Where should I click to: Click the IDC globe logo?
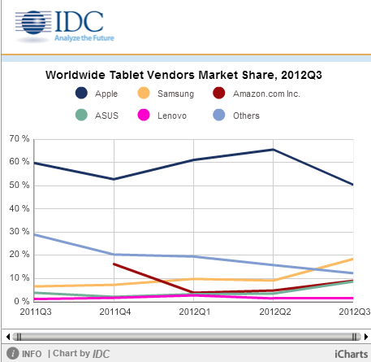33,23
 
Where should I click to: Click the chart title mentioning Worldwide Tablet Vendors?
183,75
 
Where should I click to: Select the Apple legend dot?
81,93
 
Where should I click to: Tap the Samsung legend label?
176,94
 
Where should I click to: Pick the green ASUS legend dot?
81,115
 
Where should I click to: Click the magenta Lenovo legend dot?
144,115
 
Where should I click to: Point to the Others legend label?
246,116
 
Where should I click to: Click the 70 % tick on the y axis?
19,138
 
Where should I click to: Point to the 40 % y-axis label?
19,208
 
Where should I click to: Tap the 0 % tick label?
21,301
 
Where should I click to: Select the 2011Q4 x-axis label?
115,312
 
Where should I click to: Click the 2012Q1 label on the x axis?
194,312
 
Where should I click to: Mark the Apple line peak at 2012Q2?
273,149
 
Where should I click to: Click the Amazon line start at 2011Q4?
114,264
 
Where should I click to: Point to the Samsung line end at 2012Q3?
352,259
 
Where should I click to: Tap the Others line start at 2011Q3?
35,234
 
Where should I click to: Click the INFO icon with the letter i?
13,353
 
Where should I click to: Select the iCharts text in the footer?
351,354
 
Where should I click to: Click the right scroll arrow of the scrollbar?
366,337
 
